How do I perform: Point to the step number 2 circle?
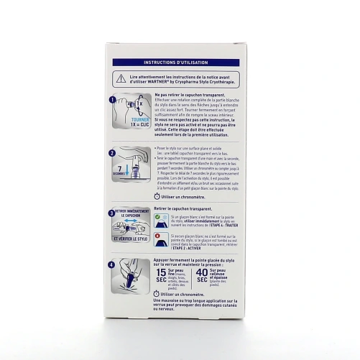(111, 153)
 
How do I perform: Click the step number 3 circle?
(111, 213)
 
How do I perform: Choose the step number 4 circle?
(111, 264)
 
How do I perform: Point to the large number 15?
(162, 276)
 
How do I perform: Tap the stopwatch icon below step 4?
(158, 294)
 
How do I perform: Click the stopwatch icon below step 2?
(158, 195)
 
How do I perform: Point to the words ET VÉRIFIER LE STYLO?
(130, 237)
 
